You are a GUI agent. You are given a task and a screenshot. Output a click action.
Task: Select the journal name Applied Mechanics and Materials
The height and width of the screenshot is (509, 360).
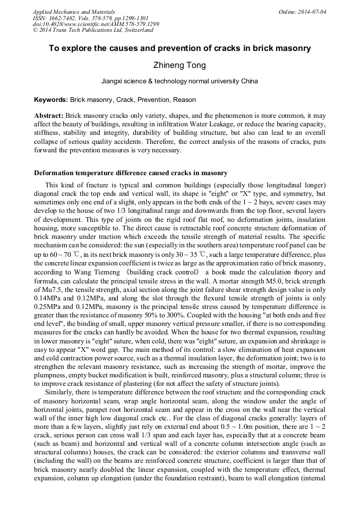tap(74, 11)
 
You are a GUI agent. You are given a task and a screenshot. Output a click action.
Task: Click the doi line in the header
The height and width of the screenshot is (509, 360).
tap(96, 24)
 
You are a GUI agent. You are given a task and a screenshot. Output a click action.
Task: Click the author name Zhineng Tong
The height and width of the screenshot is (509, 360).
tap(179, 65)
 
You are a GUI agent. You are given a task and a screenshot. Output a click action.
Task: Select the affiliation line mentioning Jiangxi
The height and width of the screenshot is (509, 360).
tap(179, 82)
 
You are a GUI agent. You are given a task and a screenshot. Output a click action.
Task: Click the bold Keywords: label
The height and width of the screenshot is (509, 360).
tap(51, 100)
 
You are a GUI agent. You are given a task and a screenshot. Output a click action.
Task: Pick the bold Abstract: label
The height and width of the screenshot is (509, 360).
tap(49, 116)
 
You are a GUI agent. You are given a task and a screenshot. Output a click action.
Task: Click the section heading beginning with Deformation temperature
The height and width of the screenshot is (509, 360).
tap(131, 173)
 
